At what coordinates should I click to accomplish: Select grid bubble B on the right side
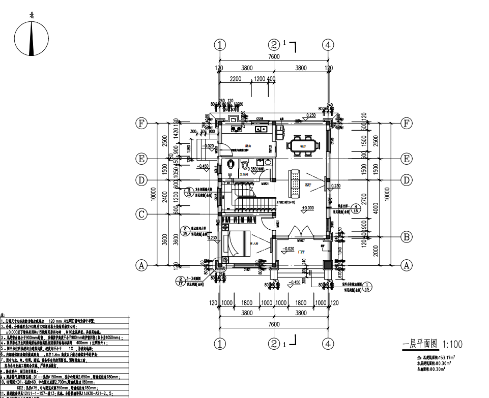(407, 236)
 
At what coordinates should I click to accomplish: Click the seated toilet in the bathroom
(244, 166)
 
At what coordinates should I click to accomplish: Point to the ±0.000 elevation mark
(307, 208)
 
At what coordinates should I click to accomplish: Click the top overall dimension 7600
(274, 57)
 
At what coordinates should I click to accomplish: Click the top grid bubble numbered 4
(329, 44)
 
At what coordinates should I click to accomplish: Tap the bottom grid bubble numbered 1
(220, 344)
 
